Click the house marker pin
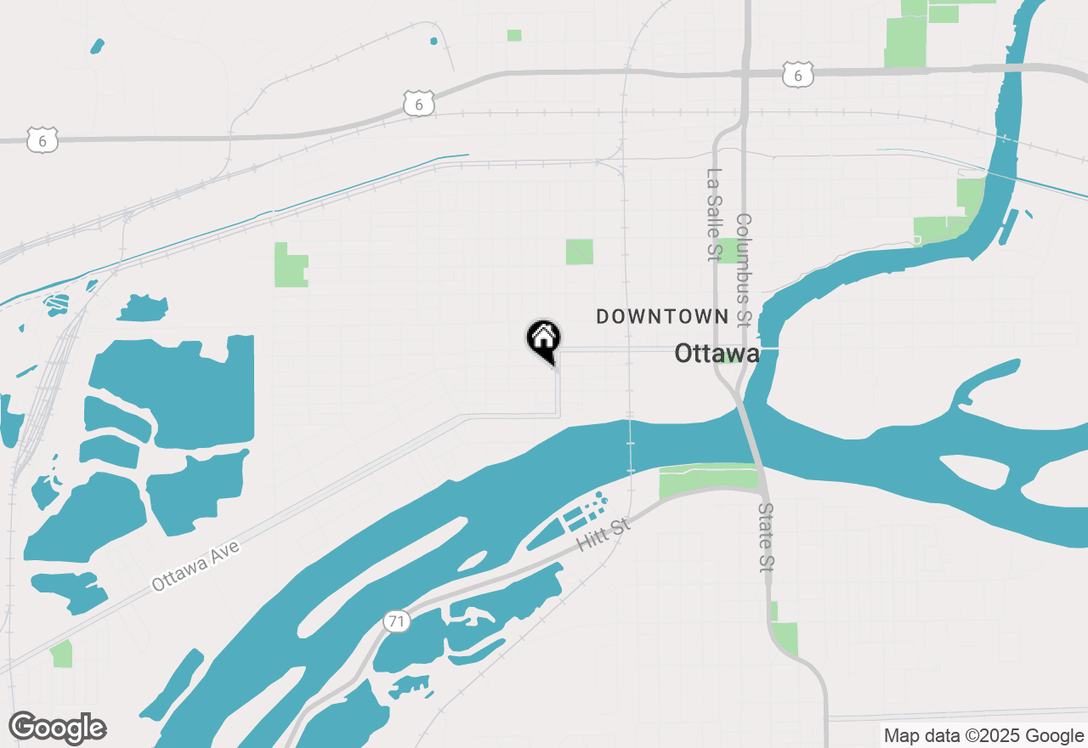click(x=543, y=339)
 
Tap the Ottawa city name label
click(x=717, y=354)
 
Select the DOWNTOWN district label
click(x=662, y=317)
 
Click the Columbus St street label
click(x=744, y=269)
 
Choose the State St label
click(x=767, y=537)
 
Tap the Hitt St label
click(x=603, y=535)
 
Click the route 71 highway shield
click(x=395, y=621)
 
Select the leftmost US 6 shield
click(x=42, y=140)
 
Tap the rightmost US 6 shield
click(x=798, y=75)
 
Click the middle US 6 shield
click(x=419, y=104)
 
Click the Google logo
click(x=58, y=728)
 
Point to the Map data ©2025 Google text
click(x=983, y=736)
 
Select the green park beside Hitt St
click(x=708, y=479)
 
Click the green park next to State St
click(x=785, y=637)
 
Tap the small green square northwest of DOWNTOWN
click(x=580, y=252)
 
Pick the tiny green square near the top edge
click(x=514, y=36)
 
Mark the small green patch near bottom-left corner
click(x=61, y=654)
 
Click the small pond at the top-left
click(x=97, y=45)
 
